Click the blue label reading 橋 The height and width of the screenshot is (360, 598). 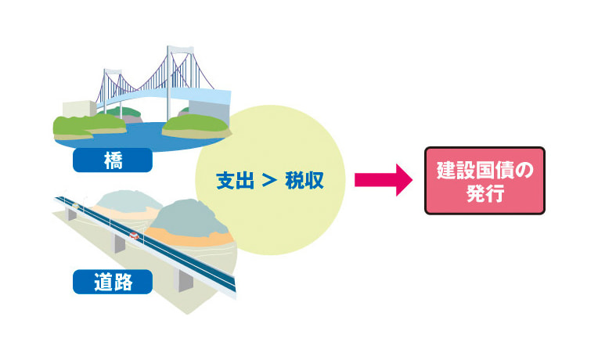112,160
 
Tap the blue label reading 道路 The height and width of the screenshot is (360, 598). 112,281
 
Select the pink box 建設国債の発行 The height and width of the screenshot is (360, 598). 484,181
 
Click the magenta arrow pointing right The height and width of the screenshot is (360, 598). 383,180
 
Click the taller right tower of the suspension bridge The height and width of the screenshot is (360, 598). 171,78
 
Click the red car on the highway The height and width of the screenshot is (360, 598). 135,235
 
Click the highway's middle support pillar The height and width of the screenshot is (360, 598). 120,243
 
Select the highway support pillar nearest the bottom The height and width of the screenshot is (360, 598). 186,279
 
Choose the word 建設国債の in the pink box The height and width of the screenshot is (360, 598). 484,169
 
